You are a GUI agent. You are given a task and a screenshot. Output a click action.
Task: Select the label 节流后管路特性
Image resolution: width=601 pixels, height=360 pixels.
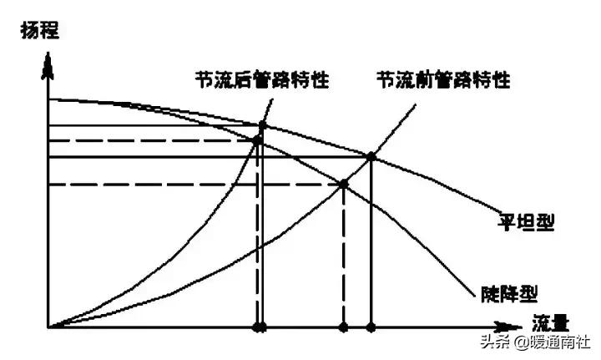pyautogui.click(x=259, y=80)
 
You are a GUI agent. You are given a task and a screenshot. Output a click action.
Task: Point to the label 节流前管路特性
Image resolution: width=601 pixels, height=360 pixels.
pyautogui.click(x=442, y=80)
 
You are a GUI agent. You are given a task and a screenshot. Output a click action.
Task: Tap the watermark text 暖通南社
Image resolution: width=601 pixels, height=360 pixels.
pyautogui.click(x=561, y=342)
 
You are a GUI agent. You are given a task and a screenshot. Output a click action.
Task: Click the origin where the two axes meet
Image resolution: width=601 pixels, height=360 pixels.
pyautogui.click(x=49, y=325)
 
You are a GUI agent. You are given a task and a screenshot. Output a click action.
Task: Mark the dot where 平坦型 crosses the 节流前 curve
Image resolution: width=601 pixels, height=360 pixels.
pyautogui.click(x=371, y=156)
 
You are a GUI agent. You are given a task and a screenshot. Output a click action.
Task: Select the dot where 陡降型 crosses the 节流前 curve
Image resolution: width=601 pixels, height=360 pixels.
pyautogui.click(x=343, y=185)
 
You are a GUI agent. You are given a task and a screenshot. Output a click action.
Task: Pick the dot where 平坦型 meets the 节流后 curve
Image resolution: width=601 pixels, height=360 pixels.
pyautogui.click(x=263, y=126)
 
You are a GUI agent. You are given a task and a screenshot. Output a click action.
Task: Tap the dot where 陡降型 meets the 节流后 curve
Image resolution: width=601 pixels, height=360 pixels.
pyautogui.click(x=257, y=140)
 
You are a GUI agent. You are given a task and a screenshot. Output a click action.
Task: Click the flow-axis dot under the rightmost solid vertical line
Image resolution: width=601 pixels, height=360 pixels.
pyautogui.click(x=371, y=325)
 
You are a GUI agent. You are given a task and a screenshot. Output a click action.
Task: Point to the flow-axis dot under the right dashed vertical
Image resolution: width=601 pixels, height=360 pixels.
pyautogui.click(x=343, y=325)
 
